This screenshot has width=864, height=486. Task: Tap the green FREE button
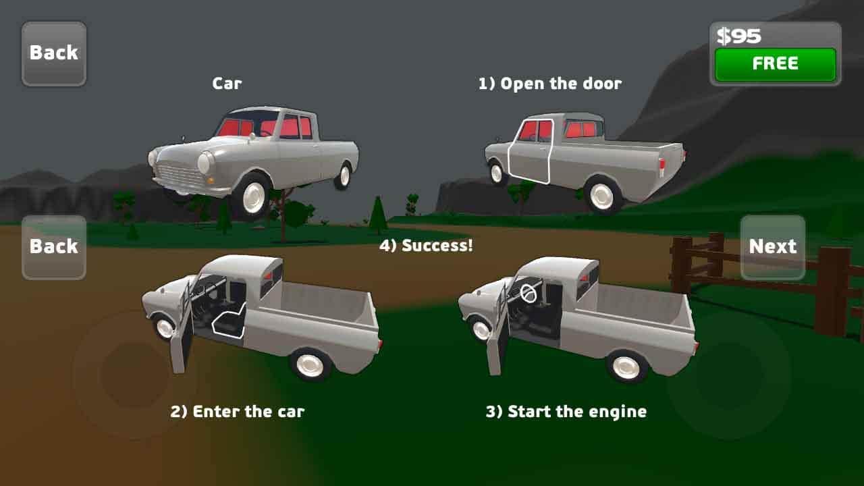point(776,64)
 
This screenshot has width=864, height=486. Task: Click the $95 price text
point(738,36)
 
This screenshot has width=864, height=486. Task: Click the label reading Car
point(227,84)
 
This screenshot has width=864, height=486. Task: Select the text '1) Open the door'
point(550,84)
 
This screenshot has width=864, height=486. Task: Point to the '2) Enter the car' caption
point(237,412)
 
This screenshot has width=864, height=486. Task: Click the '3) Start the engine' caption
point(566,412)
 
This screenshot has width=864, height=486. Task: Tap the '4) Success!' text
point(426,246)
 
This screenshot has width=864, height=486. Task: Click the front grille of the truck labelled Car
point(180,175)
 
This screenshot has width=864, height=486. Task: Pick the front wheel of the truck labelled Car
point(253,196)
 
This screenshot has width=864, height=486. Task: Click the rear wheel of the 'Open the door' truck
point(602,195)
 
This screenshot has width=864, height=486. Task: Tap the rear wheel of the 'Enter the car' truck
point(310,364)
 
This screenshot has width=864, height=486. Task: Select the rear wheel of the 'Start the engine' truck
point(626,366)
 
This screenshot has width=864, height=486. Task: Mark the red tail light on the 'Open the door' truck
point(662,166)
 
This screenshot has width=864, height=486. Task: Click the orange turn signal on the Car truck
point(211,180)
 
